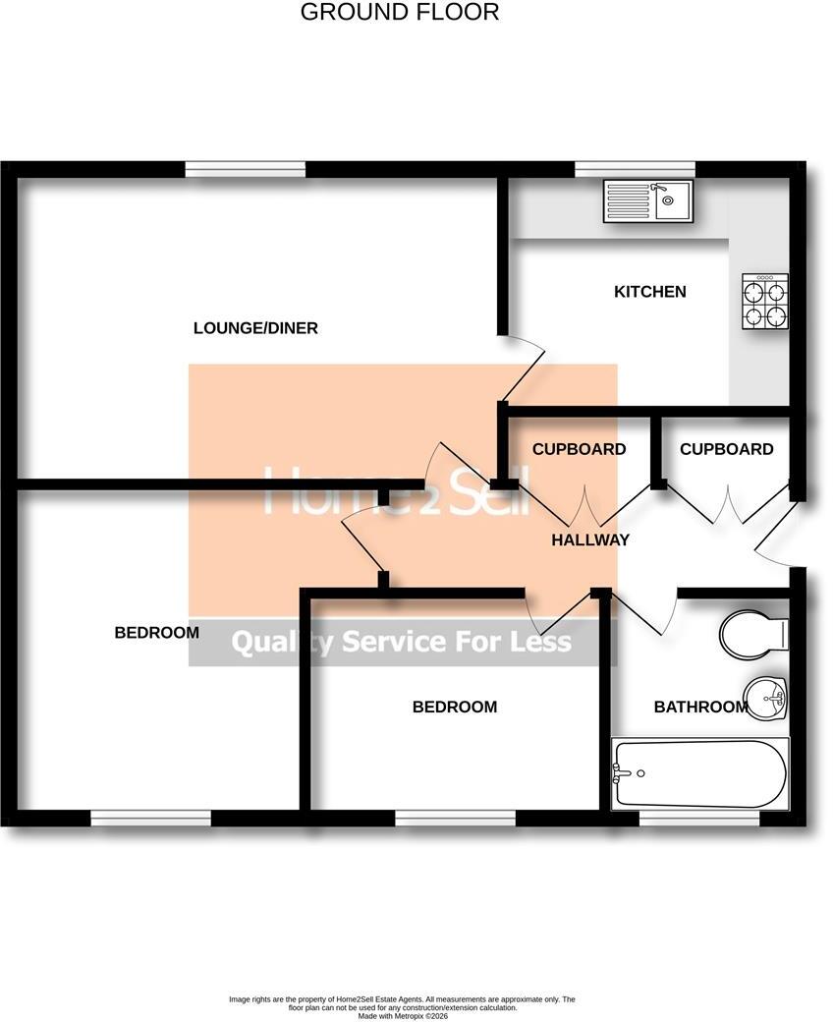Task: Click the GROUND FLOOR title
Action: point(399,12)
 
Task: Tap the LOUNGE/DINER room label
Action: point(255,328)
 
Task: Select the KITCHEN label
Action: point(650,291)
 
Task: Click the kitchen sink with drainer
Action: point(648,201)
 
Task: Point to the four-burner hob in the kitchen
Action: point(765,301)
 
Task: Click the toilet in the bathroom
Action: point(754,632)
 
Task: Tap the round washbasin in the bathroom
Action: point(766,698)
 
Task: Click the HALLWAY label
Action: point(590,539)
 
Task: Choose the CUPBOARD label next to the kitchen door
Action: point(579,449)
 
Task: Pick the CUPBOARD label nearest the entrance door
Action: point(726,449)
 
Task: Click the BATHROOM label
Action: point(700,707)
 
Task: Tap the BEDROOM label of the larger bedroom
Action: point(157,632)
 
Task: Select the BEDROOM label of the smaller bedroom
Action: point(455,707)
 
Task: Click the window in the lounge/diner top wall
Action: point(246,169)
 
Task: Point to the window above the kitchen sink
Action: point(635,169)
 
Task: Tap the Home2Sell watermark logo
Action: point(396,490)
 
